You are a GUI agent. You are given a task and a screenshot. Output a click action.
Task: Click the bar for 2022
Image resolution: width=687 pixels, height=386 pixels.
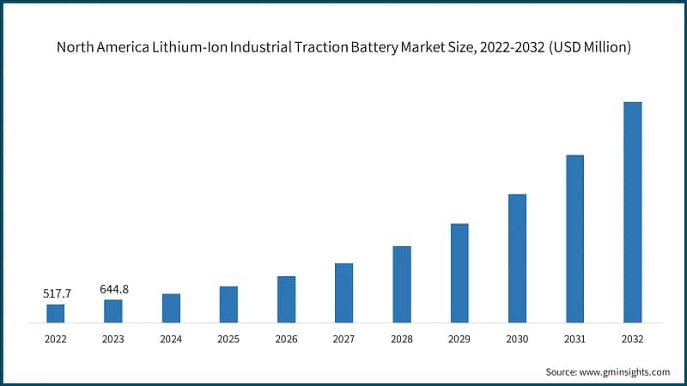tap(55, 314)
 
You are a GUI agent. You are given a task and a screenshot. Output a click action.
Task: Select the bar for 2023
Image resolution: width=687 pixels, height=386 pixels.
tap(112, 311)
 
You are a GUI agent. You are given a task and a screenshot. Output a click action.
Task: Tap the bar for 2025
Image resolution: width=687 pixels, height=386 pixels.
tap(228, 305)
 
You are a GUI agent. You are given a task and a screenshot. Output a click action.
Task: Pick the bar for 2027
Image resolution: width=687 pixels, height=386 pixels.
tap(343, 293)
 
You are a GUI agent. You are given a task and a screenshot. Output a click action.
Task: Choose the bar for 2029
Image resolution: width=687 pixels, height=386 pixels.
tap(459, 274)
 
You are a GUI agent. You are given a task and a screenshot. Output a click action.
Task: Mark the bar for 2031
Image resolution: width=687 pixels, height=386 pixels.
tap(575, 239)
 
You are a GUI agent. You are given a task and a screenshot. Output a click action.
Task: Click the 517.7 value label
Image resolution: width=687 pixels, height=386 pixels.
tap(57, 294)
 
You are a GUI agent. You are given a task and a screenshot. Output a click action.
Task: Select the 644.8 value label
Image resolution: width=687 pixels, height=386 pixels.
tap(113, 289)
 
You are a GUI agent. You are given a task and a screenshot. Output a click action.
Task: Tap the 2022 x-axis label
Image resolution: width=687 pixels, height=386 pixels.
tap(55, 340)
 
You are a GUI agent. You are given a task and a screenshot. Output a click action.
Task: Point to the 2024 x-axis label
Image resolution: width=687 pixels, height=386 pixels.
tap(171, 340)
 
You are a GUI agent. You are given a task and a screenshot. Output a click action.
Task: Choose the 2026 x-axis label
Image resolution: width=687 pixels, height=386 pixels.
tap(286, 340)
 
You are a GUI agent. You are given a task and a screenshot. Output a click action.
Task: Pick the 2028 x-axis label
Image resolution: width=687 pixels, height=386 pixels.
tap(402, 340)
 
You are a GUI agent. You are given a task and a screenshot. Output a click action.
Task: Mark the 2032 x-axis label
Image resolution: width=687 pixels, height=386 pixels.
tap(632, 340)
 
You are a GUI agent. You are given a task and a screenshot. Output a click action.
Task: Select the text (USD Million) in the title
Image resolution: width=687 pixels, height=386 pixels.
tap(583, 48)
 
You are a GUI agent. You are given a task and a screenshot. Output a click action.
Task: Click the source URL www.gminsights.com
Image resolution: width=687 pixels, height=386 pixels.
tap(626, 371)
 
